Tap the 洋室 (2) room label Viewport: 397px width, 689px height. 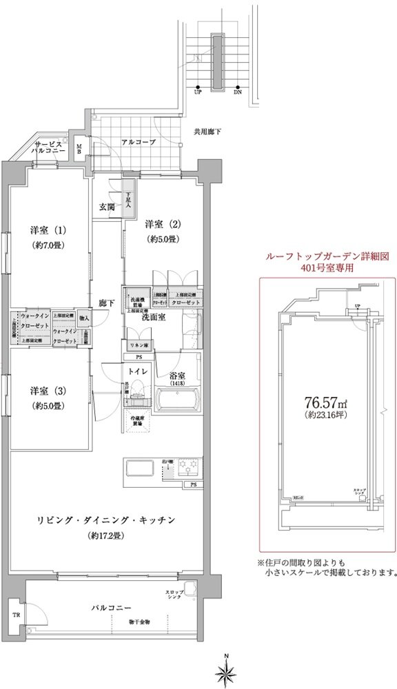point(162,225)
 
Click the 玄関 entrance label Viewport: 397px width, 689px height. point(106,207)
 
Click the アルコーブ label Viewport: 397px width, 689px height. point(139,142)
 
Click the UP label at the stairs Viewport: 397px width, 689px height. point(198,91)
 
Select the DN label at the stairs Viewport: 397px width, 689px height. point(238,91)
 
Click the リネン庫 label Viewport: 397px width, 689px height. point(139,344)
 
